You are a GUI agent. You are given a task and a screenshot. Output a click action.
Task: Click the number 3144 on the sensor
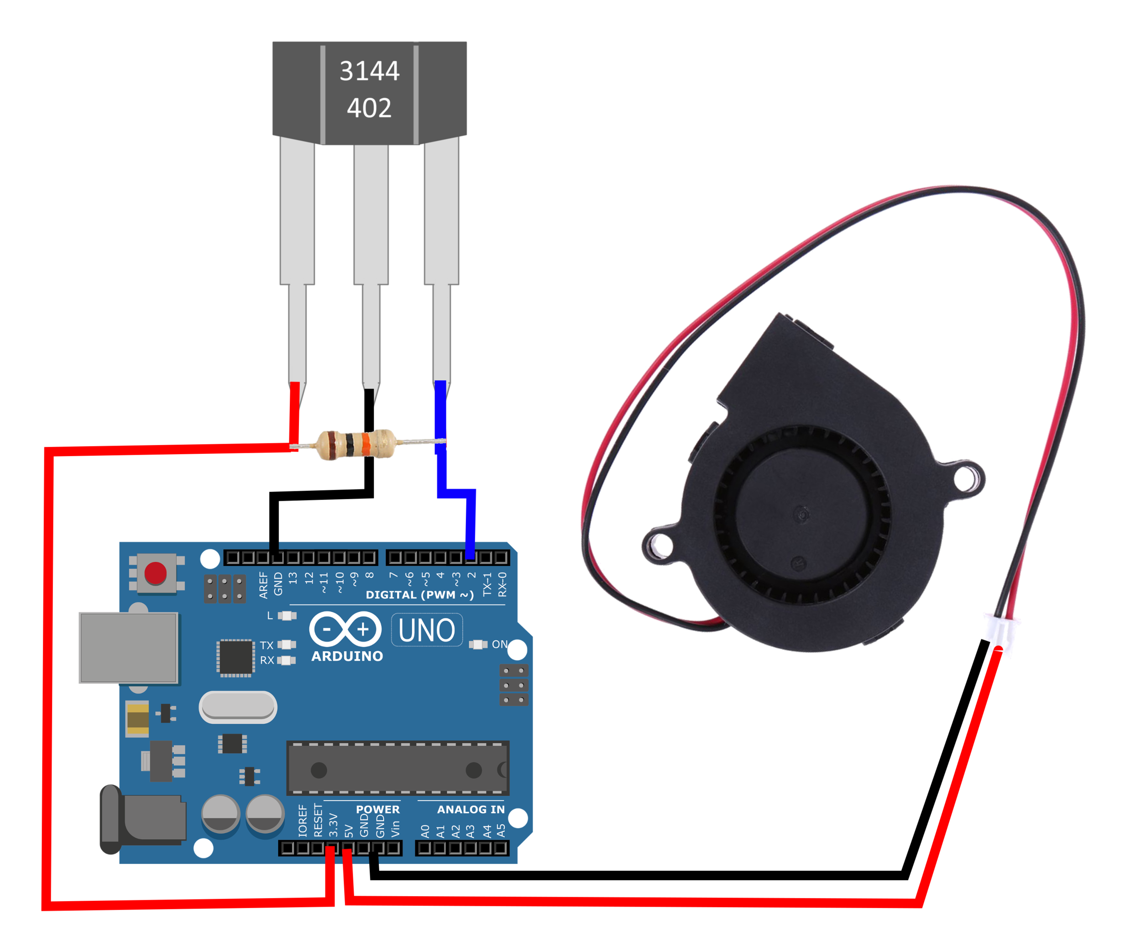[370, 71]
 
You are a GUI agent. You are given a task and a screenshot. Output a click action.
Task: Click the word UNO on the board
[427, 630]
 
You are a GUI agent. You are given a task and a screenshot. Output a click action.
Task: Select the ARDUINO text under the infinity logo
[347, 657]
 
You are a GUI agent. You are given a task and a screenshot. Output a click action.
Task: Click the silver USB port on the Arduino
[128, 648]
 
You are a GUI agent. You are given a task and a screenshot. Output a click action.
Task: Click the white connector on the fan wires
[1001, 629]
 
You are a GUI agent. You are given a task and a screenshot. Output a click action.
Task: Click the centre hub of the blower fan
[801, 514]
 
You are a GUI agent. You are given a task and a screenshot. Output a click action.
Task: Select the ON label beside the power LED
[499, 645]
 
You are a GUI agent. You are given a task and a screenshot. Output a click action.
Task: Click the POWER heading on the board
[377, 809]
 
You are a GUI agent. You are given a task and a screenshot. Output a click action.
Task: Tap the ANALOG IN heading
[471, 809]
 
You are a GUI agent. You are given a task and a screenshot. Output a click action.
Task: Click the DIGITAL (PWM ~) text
[419, 595]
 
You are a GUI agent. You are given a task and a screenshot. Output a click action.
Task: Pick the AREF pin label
[263, 585]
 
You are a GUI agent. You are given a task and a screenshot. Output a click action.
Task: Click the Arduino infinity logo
[345, 629]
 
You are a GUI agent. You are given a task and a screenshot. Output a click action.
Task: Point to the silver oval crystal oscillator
[238, 707]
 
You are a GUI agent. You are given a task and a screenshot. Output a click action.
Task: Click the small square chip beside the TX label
[235, 657]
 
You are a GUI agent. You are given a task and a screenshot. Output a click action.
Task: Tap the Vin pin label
[395, 829]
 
